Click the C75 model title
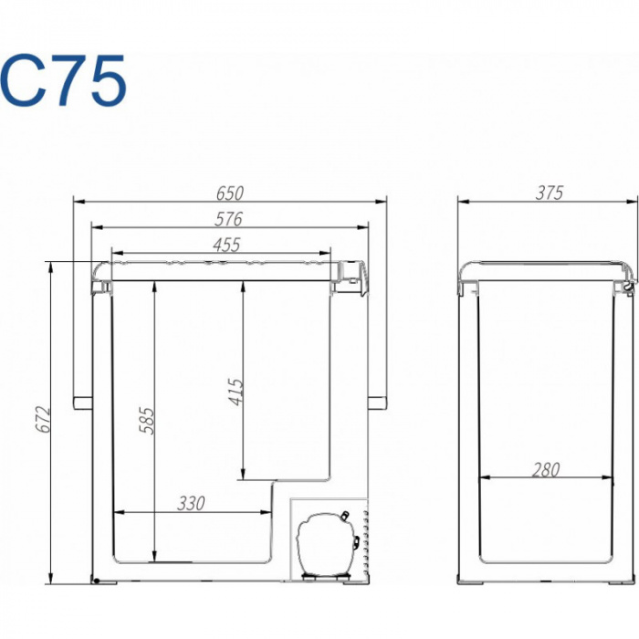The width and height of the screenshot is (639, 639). click(63, 80)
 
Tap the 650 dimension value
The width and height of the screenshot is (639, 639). click(230, 194)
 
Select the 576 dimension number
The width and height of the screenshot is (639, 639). click(228, 219)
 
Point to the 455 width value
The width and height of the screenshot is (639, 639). click(226, 245)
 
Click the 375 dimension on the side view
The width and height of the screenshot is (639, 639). click(550, 193)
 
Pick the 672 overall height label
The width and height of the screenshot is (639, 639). click(43, 419)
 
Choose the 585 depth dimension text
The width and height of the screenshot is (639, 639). click(147, 421)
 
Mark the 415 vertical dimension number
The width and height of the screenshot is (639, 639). click(236, 392)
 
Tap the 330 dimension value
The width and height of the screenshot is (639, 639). click(191, 504)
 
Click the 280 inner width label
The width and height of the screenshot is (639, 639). click(546, 470)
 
